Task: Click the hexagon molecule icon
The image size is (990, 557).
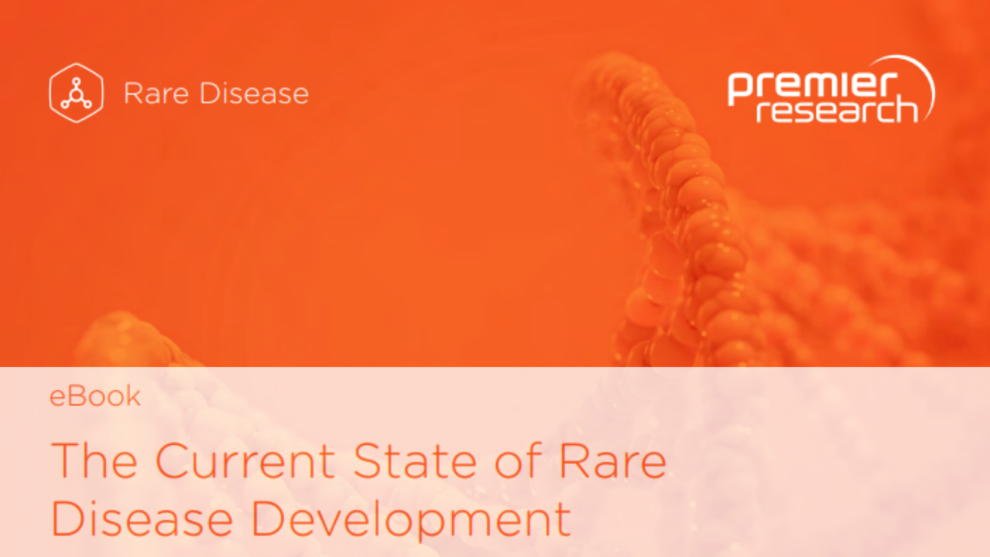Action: tap(76, 93)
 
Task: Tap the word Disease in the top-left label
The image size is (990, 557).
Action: tap(254, 93)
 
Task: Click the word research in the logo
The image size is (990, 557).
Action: tap(837, 111)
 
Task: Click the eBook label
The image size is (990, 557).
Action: tap(95, 396)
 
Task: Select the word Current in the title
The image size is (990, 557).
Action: tap(246, 461)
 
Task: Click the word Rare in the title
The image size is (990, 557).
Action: tap(612, 461)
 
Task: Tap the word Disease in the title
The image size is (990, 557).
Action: tap(142, 518)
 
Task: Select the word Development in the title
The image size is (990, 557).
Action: tap(411, 518)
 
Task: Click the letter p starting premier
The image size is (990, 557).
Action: tap(738, 89)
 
